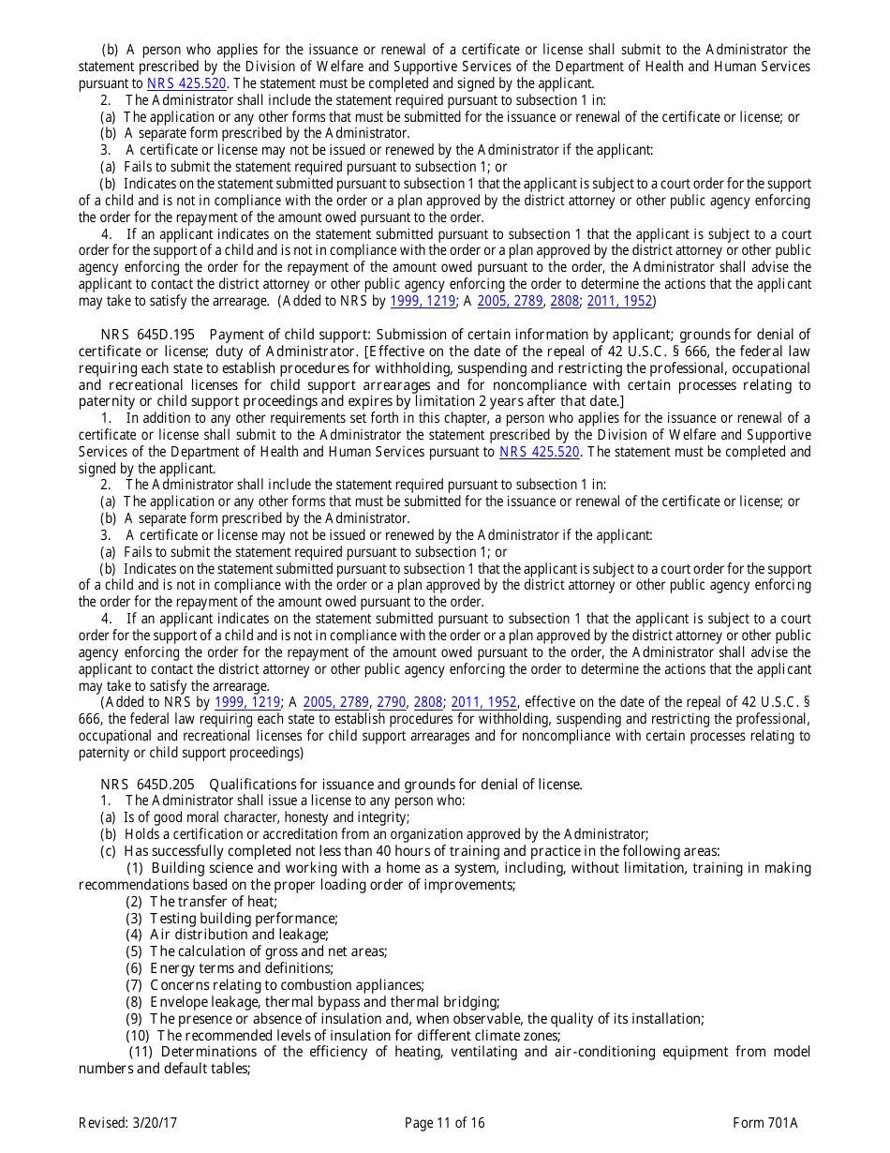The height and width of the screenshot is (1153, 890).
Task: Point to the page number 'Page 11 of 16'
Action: tap(445, 1123)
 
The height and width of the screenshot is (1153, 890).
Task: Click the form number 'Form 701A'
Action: tap(765, 1123)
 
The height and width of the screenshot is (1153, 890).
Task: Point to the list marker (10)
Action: tap(138, 1036)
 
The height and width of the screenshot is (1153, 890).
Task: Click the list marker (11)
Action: tap(141, 1052)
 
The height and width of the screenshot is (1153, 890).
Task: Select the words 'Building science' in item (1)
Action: tap(198, 868)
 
